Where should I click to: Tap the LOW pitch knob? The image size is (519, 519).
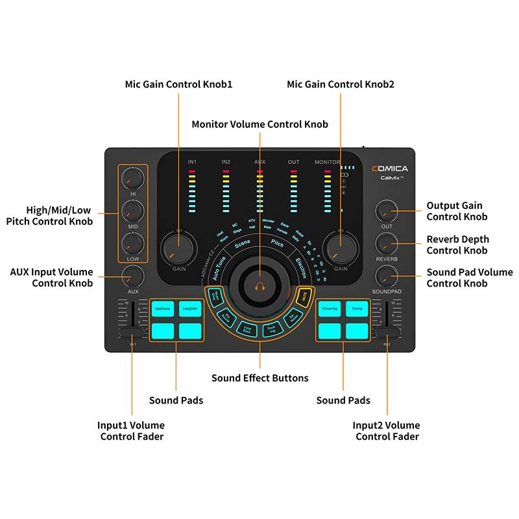(x=133, y=243)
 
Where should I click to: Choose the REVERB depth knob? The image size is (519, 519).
(x=387, y=243)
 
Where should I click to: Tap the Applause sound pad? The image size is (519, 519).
(x=163, y=309)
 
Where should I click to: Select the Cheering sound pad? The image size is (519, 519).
(x=330, y=309)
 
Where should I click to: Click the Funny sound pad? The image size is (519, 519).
(x=357, y=309)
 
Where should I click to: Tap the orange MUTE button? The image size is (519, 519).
(x=302, y=298)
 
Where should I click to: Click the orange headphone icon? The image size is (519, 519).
(x=259, y=284)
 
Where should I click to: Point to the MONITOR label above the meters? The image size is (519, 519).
(x=327, y=162)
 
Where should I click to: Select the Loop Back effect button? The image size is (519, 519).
(x=246, y=328)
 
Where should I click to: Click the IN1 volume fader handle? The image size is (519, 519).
(x=132, y=333)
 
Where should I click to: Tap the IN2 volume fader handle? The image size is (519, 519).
(x=387, y=333)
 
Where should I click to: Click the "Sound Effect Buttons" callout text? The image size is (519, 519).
(x=259, y=378)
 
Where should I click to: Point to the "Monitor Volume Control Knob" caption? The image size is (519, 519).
(x=259, y=124)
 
